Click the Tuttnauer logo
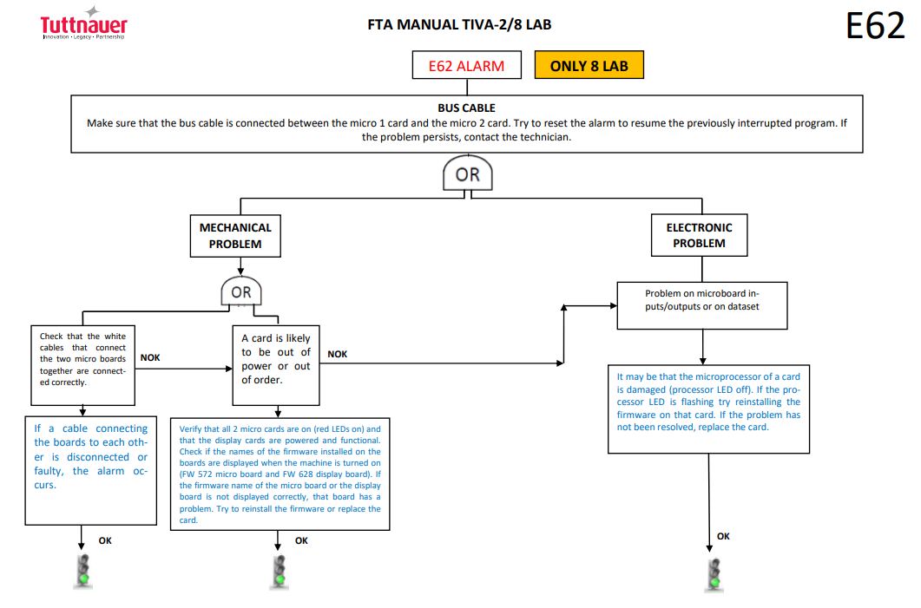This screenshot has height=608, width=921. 83,23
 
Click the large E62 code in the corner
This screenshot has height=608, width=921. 875,26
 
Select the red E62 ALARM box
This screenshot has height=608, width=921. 466,65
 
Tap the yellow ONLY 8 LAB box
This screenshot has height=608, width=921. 589,65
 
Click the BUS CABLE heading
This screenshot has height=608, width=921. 466,108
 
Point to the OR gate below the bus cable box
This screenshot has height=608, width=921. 468,173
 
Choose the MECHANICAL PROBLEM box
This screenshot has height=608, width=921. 235,236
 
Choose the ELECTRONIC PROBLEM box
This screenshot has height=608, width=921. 699,235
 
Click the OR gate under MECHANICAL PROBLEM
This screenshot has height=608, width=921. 240,291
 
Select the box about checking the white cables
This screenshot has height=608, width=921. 82,365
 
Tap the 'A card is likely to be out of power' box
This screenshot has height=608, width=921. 276,365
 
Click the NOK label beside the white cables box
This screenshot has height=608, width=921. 150,358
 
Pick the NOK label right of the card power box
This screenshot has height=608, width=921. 337,355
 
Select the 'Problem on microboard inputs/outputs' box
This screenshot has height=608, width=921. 702,306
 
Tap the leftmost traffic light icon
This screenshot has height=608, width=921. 83,571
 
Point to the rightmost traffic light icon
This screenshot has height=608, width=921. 714,575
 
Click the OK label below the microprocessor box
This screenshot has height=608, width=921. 724,536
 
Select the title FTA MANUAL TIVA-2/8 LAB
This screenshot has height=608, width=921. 459,24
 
